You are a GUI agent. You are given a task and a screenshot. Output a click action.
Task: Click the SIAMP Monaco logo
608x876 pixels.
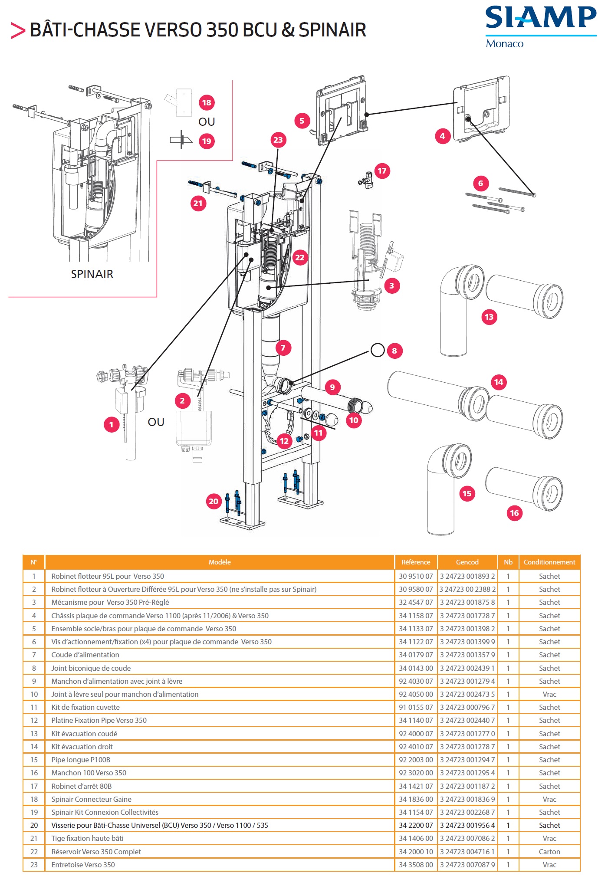click(x=540, y=26)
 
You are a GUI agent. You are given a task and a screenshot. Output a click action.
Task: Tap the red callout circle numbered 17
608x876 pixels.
click(x=382, y=171)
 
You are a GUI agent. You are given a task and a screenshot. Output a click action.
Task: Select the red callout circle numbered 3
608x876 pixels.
click(x=391, y=285)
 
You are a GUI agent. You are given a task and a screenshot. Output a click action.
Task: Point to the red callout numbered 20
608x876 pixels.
click(x=214, y=502)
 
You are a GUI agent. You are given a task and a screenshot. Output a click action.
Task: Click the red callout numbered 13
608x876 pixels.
click(x=489, y=317)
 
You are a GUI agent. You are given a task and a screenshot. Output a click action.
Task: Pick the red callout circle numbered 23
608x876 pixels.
click(x=278, y=140)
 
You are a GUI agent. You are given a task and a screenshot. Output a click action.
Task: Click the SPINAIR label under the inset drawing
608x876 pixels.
click(x=92, y=274)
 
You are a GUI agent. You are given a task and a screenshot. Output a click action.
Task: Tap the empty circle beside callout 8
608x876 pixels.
click(x=378, y=350)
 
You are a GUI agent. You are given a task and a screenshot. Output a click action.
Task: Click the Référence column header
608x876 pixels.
click(x=415, y=562)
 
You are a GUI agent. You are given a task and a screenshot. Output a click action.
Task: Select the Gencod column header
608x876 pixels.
click(x=467, y=562)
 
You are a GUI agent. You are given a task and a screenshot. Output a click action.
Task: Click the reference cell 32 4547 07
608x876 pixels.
click(x=415, y=602)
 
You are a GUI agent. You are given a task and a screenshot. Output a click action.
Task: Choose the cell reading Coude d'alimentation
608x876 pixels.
click(x=85, y=655)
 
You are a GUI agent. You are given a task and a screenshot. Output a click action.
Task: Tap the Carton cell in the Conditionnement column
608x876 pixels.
click(x=549, y=852)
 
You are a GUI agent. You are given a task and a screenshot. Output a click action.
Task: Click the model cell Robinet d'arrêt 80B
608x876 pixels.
click(x=81, y=786)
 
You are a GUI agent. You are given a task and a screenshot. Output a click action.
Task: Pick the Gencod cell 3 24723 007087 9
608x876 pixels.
click(x=467, y=865)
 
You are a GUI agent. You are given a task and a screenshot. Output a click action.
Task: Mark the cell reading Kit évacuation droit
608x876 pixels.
click(x=82, y=747)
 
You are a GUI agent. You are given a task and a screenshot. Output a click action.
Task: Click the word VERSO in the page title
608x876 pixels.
click(x=173, y=30)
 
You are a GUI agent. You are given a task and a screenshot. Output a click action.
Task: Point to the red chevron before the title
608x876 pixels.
click(x=18, y=30)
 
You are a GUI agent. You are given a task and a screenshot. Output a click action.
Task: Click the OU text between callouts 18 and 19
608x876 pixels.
click(x=207, y=122)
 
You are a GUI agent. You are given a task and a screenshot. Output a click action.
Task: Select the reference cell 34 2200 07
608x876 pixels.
click(x=415, y=825)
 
